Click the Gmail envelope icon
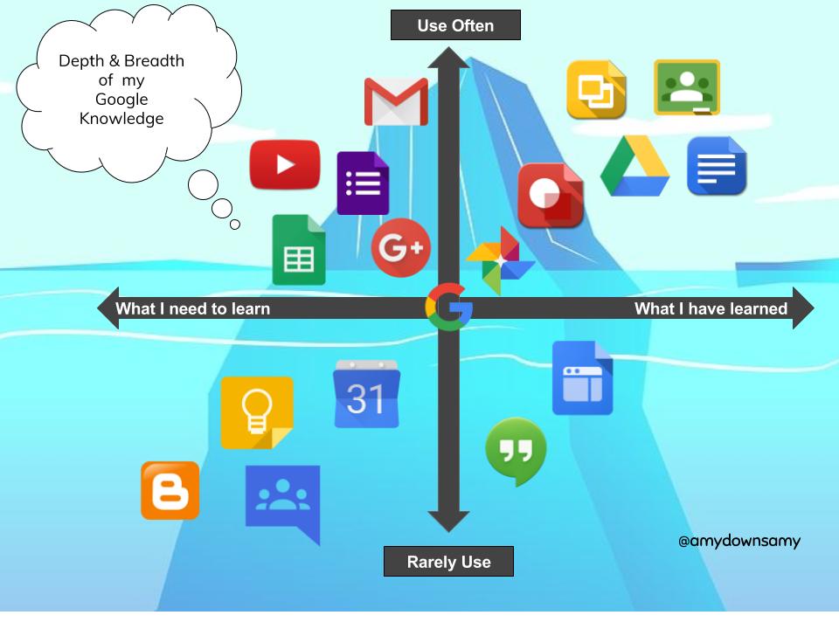pos(396,102)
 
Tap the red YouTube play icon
pos(285,164)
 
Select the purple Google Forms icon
pos(363,183)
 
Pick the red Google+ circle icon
pos(401,248)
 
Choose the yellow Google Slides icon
pos(596,89)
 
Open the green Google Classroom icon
pos(687,87)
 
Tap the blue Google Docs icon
pos(717,166)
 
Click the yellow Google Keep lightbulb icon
pos(257,412)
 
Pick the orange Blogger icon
pos(170,490)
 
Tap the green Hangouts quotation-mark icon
pos(516,452)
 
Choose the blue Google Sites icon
pos(582,377)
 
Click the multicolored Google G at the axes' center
pos(448,308)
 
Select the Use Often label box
pos(455,25)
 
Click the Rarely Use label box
pos(448,562)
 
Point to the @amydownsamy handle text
pos(738,541)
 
